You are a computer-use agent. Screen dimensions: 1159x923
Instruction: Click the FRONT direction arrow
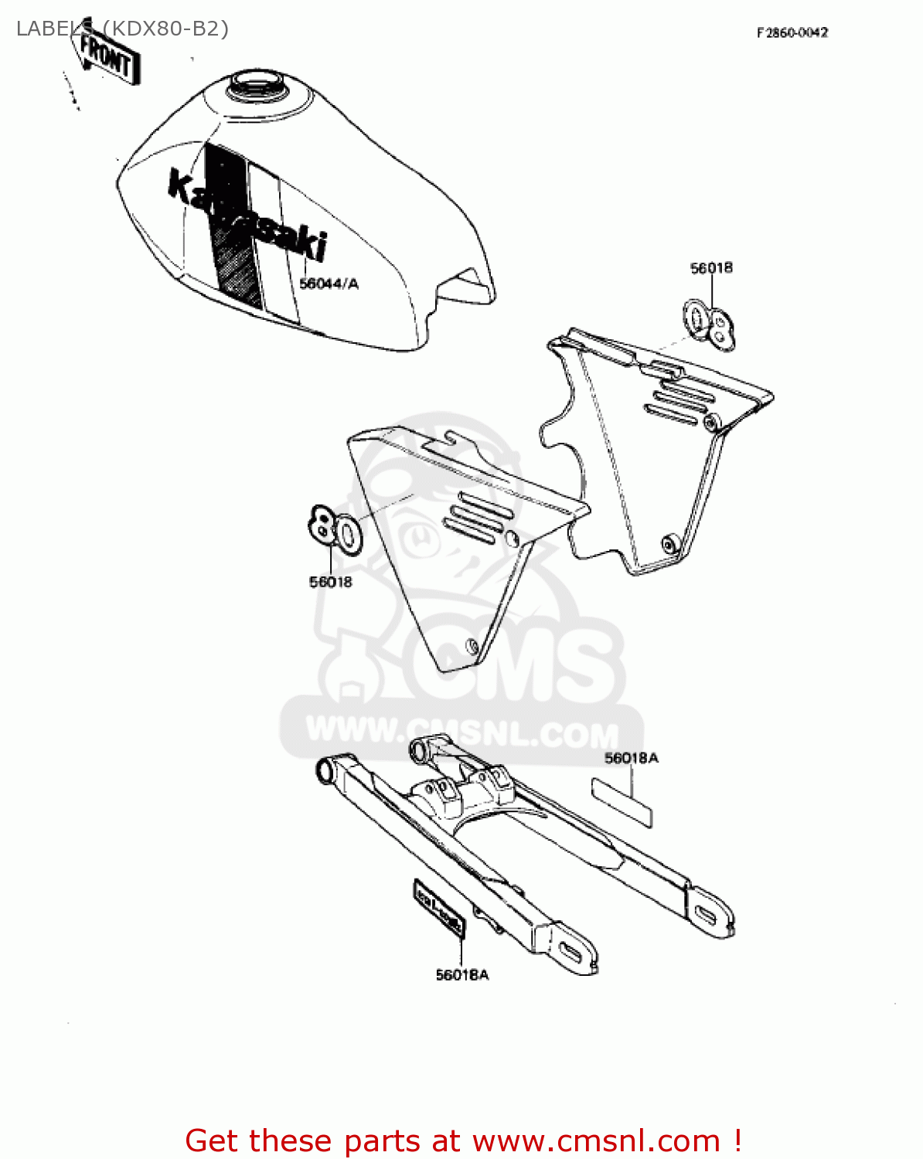105,56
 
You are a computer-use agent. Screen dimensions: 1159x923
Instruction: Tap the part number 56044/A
329,284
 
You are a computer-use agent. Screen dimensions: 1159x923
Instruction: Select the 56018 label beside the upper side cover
711,268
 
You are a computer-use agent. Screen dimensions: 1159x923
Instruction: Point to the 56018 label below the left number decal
330,582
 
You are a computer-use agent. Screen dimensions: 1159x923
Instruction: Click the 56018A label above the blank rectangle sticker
631,758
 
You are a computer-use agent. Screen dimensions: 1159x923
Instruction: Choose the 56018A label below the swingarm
461,975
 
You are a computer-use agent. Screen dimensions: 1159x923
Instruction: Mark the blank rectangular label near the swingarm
622,802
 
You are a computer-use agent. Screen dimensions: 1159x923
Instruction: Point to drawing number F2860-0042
792,32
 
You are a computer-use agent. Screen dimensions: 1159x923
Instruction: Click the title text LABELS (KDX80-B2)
122,29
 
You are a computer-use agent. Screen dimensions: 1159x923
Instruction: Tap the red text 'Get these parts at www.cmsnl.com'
464,1140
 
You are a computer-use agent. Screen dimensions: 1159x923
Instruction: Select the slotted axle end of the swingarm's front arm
573,953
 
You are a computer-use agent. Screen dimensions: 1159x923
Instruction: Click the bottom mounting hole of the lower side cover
470,645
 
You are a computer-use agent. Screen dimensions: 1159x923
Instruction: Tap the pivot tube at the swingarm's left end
325,770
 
